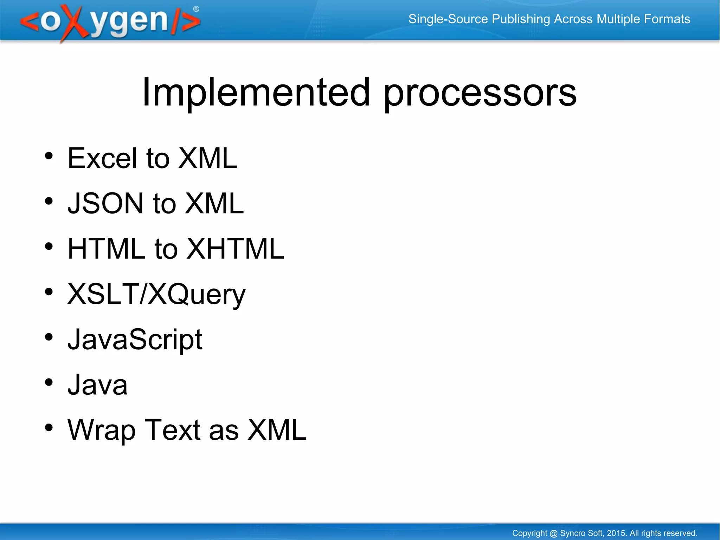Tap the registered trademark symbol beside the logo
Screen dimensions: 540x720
[x=196, y=9]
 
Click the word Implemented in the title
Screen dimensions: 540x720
[x=256, y=92]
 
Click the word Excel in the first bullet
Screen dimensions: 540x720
[x=102, y=158]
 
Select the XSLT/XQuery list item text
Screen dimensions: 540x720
[x=156, y=294]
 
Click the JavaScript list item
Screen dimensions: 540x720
[x=135, y=339]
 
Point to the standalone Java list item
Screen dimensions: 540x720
[x=97, y=385]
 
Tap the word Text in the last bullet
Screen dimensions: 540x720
[x=172, y=430]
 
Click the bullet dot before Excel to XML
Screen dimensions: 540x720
[x=49, y=156]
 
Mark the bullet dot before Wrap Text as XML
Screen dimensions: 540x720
[x=49, y=427]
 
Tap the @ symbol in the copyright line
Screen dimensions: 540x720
[x=553, y=533]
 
